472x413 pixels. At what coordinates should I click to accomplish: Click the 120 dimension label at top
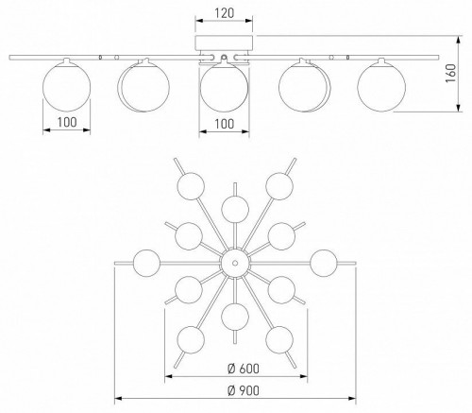coord(224,13)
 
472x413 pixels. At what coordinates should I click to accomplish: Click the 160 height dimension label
coord(450,74)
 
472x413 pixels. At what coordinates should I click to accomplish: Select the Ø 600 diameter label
coord(244,369)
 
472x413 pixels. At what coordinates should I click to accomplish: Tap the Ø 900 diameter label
coord(244,390)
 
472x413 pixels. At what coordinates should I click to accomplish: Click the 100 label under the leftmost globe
coord(67,122)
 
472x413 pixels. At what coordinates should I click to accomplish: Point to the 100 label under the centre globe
coord(224,124)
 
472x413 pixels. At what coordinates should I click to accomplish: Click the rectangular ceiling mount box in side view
coord(224,43)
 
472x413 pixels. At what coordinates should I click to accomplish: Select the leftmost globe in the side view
coord(66,87)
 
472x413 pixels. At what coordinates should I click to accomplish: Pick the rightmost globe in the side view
coord(381,87)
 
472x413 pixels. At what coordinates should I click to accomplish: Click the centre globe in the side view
coord(224,87)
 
